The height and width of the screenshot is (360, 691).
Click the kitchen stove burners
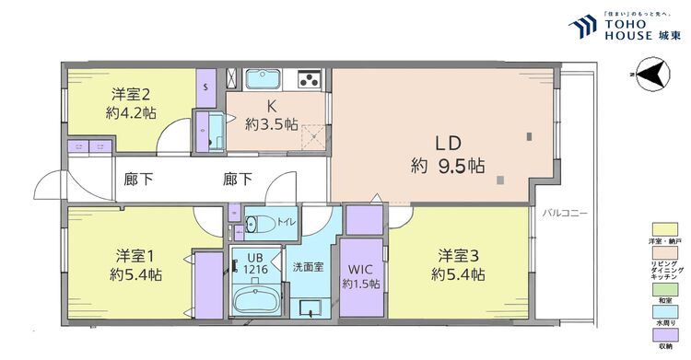pyautogui.click(x=309, y=78)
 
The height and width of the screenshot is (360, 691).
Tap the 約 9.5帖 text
pyautogui.click(x=448, y=167)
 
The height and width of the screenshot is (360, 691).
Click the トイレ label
pyautogui.click(x=287, y=223)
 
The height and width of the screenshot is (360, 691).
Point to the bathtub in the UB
pyautogui.click(x=254, y=301)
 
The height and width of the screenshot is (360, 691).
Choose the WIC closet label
pyautogui.click(x=361, y=270)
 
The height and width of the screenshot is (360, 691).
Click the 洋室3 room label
pyautogui.click(x=458, y=254)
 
